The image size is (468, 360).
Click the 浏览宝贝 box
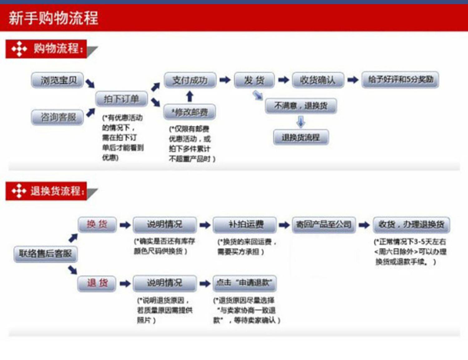(57, 80)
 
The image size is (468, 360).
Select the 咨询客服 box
(57, 117)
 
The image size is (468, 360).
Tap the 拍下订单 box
(121, 99)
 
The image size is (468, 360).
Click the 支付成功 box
(190, 80)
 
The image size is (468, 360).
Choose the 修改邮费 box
(189, 112)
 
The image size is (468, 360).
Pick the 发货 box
(254, 80)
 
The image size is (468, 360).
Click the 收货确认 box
(318, 80)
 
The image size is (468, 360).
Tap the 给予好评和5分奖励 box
(400, 80)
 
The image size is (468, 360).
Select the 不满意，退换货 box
(301, 106)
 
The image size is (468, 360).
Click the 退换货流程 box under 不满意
(301, 137)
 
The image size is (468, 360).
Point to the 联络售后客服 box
(46, 254)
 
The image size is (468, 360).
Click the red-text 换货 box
(97, 224)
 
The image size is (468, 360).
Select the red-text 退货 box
(97, 283)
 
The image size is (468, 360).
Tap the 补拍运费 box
(245, 225)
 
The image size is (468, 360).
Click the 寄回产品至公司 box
(324, 225)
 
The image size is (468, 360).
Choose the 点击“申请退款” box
(245, 283)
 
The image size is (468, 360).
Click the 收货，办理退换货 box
(411, 225)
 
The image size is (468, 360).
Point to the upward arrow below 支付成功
(190, 96)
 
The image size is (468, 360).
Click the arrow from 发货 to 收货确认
(284, 80)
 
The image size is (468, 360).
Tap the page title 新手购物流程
(53, 18)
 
